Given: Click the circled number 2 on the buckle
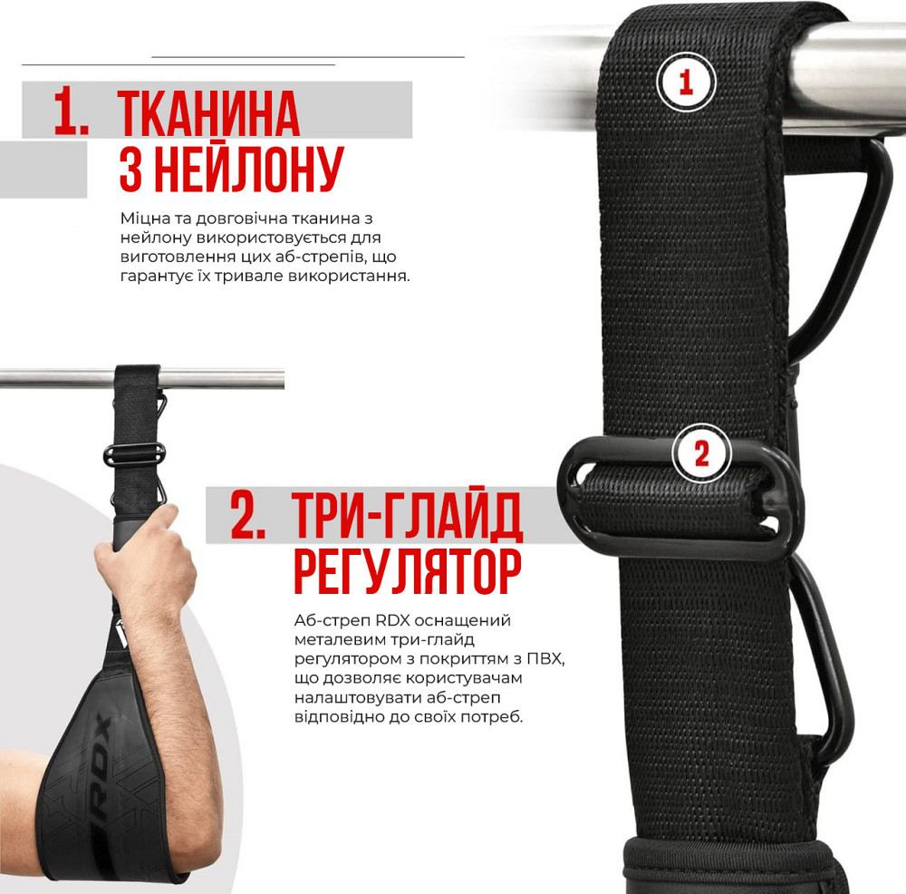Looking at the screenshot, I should point(701,452).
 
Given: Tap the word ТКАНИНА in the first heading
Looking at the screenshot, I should point(209,113).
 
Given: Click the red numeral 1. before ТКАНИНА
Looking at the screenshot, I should point(72,113).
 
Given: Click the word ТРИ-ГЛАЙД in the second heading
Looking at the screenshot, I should point(409,517).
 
